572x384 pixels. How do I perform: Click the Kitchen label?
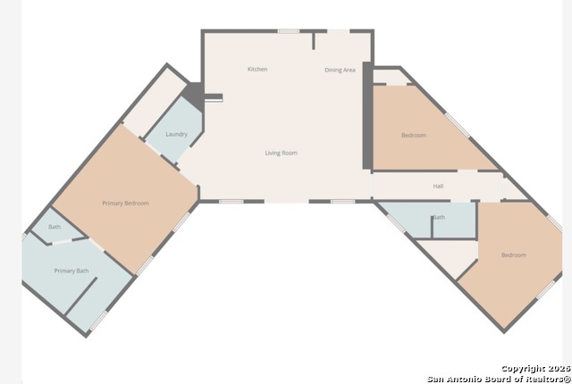[257, 70]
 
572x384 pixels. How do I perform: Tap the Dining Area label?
[340, 70]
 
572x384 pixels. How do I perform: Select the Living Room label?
[281, 153]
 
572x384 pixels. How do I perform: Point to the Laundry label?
[177, 134]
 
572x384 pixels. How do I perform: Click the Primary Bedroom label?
[125, 204]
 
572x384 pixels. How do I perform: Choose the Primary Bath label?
[71, 271]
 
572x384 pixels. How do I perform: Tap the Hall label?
[438, 186]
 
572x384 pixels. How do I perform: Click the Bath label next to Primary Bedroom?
[55, 227]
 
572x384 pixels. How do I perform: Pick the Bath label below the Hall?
[439, 217]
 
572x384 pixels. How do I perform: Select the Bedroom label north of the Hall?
[414, 135]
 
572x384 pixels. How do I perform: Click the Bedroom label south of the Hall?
[514, 255]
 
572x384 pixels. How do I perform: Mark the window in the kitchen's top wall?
[288, 31]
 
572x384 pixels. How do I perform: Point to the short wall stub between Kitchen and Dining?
[314, 41]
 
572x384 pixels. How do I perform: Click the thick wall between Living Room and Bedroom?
[367, 116]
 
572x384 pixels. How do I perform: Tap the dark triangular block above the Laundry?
[194, 96]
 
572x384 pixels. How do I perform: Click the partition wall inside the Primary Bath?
[80, 296]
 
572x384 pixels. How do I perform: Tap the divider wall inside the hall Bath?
[432, 228]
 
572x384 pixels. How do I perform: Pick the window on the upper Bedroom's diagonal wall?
[457, 125]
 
